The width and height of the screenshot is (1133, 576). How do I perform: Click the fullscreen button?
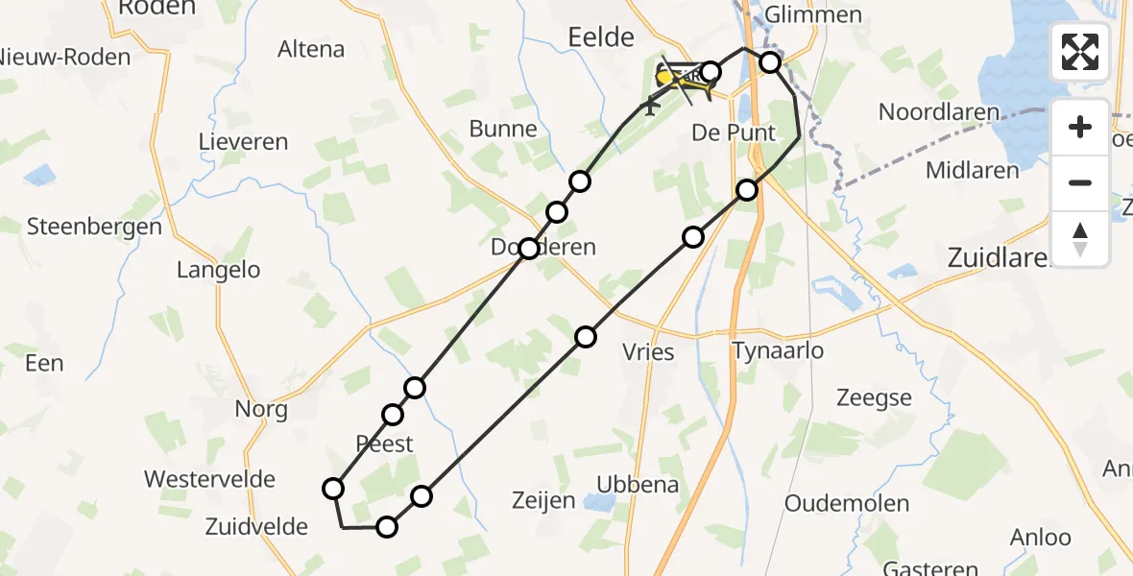tap(1080, 51)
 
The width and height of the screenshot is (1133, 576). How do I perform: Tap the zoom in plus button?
tap(1080, 128)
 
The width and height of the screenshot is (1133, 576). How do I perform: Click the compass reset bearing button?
tap(1080, 238)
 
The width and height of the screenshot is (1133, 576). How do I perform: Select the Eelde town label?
tap(601, 37)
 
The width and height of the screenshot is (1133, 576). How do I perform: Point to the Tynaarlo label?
tap(777, 350)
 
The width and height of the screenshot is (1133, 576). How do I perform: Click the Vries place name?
tap(648, 352)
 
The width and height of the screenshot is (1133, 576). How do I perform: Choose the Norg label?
tap(261, 410)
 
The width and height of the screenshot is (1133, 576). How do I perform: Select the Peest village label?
tap(384, 444)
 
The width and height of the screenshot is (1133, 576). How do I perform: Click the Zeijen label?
tap(543, 500)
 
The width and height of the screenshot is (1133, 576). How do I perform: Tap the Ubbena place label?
tap(638, 485)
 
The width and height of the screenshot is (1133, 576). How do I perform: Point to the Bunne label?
tap(503, 129)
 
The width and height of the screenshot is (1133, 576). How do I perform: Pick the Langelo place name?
tap(218, 270)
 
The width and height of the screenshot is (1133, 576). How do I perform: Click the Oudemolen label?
tap(847, 503)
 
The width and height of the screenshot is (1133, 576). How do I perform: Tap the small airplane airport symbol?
tap(652, 105)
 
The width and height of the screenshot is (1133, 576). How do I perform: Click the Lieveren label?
tap(243, 142)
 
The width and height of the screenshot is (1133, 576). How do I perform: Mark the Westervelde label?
tap(209, 479)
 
